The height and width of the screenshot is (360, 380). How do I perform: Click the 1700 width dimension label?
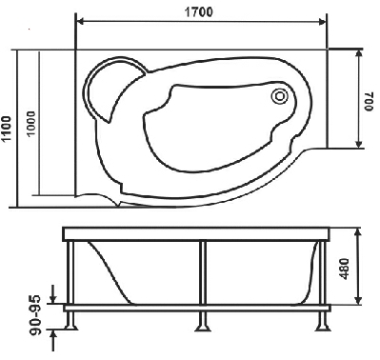198,12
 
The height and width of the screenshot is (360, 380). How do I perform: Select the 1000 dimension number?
31,124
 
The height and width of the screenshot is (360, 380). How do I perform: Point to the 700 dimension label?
369,102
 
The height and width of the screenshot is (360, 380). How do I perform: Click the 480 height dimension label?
345,269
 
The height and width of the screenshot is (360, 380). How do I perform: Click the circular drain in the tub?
279,95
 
